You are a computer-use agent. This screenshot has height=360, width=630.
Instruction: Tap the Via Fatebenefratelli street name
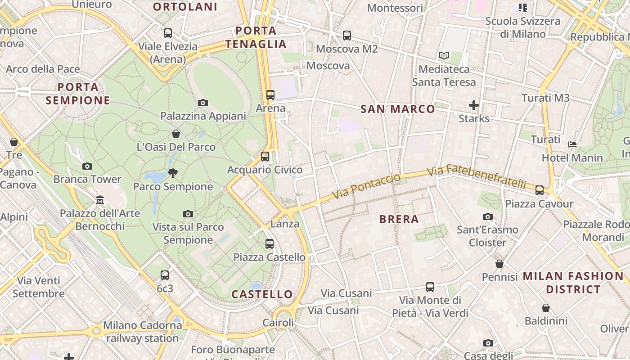(477, 177)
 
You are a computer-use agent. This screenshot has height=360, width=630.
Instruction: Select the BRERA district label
(399, 220)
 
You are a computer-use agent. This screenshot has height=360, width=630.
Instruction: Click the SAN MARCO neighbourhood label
(398, 109)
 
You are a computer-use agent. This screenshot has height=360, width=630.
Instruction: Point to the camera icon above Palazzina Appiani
(203, 103)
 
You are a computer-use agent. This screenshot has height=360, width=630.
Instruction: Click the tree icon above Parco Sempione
(173, 173)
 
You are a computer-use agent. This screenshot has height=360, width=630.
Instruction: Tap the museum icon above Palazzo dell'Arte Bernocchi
(100, 200)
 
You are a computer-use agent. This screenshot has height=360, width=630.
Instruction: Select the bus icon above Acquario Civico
(265, 157)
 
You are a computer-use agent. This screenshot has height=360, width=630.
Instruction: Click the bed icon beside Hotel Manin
(572, 144)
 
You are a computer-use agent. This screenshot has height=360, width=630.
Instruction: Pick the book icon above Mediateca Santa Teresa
(444, 56)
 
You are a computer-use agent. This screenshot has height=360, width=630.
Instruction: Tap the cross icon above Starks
(474, 105)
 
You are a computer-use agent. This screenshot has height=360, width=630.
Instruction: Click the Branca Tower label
(87, 179)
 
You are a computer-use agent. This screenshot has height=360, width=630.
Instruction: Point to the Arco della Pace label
(43, 69)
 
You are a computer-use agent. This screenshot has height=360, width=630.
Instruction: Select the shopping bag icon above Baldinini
(546, 308)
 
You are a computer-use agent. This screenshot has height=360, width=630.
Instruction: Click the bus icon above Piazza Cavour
(540, 190)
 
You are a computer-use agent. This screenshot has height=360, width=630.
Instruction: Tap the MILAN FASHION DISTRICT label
(573, 283)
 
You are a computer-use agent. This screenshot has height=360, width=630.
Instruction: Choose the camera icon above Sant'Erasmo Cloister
(488, 217)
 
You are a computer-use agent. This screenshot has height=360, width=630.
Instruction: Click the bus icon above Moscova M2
(346, 36)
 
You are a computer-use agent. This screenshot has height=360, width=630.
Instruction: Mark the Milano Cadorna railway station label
(143, 332)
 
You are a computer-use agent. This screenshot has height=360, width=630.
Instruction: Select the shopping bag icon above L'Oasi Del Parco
(176, 134)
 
